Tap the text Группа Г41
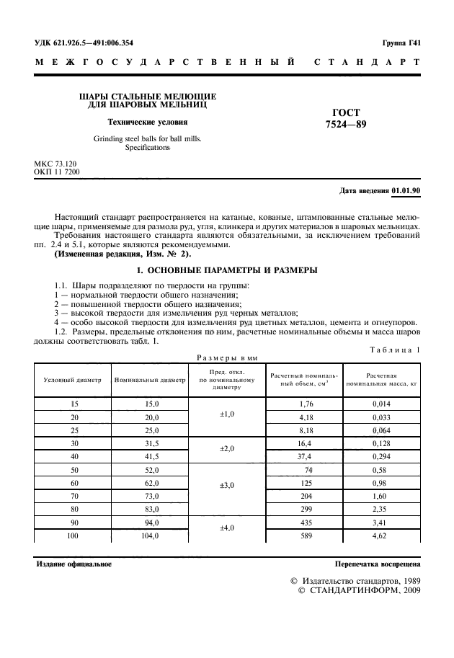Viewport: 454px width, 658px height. coord(401,43)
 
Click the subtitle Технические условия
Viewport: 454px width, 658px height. coord(147,122)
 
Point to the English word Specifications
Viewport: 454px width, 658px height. coord(147,147)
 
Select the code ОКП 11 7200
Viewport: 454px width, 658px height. coord(57,173)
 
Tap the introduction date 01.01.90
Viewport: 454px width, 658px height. coord(406,190)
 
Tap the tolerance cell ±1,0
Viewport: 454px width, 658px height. coord(227,416)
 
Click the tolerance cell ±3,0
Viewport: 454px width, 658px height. coord(227,485)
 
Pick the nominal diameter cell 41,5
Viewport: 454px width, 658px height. coord(148,456)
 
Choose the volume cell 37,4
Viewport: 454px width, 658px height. coord(305,456)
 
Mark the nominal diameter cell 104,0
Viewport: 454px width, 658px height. coord(148,537)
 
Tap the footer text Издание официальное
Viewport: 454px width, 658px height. coord(74,564)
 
